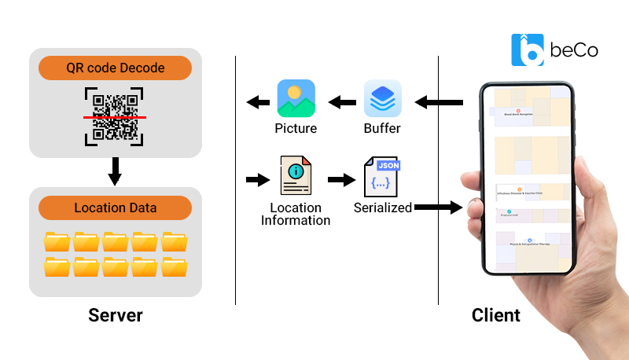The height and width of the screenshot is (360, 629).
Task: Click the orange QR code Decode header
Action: pos(114,68)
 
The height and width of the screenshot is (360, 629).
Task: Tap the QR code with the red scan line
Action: pos(115,117)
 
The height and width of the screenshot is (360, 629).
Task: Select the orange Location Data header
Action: pos(115,208)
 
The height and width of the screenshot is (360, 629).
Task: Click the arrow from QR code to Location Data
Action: pos(115,170)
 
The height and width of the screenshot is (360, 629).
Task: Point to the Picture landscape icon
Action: pos(296,99)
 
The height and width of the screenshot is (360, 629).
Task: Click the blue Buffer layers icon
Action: pos(383,99)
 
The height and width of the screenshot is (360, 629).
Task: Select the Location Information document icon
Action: pos(296,178)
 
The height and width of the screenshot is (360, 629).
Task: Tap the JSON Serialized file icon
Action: pos(383,178)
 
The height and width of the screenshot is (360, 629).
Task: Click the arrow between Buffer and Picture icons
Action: pos(340,101)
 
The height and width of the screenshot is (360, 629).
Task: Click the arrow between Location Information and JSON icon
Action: pos(340,179)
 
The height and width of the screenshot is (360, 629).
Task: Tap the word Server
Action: pos(116,316)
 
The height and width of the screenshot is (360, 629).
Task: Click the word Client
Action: pos(496,316)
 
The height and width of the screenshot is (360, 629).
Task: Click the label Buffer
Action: pos(382,128)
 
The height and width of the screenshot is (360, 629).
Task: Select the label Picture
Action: pos(296,128)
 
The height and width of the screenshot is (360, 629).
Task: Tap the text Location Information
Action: pos(296,214)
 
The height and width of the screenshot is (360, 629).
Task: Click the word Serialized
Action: pos(383,208)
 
